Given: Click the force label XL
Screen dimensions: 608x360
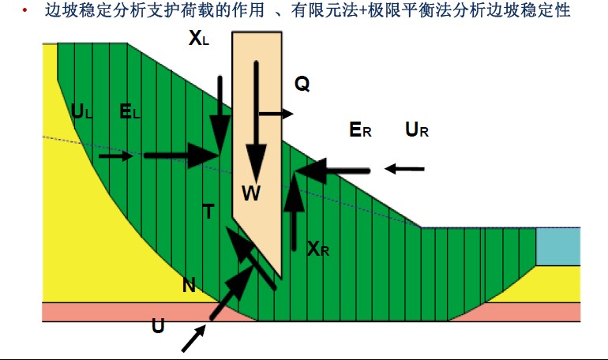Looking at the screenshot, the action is [x=199, y=39].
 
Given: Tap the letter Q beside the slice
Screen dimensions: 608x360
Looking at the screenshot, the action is [x=302, y=84].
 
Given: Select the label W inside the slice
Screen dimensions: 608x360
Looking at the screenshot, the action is [x=251, y=193].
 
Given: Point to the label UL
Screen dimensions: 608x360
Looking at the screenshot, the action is [x=82, y=111].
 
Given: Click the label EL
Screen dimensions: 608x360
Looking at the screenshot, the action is [x=129, y=111].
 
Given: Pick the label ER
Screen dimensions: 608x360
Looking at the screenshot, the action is [x=360, y=129].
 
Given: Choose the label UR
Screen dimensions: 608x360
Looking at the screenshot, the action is [x=417, y=129].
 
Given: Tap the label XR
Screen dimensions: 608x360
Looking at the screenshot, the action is [x=318, y=249].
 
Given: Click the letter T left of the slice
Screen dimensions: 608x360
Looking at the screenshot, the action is [x=208, y=212].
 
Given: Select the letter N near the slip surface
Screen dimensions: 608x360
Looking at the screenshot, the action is [x=189, y=286].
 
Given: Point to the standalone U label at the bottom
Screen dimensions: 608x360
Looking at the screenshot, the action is [x=158, y=326].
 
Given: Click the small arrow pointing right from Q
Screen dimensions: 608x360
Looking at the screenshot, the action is [x=276, y=114].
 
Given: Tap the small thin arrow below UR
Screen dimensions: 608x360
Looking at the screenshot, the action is [x=404, y=169].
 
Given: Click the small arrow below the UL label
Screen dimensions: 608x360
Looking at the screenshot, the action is [x=115, y=156].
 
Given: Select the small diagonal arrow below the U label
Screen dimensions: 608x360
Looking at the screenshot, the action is [x=193, y=339].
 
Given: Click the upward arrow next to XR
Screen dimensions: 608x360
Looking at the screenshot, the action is [x=294, y=212].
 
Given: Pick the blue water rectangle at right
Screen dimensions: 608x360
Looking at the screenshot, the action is [x=558, y=246].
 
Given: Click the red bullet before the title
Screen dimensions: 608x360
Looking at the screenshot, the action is [x=24, y=10].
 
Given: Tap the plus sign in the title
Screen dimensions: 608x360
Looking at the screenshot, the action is [x=363, y=11].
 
